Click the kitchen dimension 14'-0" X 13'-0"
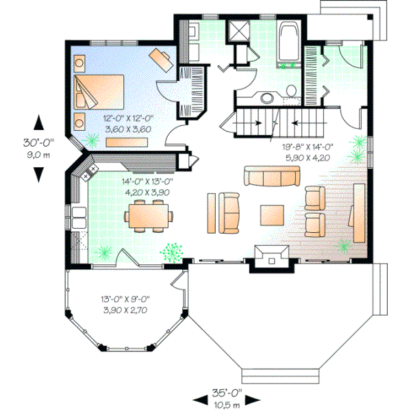pos(147,182)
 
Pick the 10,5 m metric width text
pos(226,404)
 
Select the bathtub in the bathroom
pos(288,41)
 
